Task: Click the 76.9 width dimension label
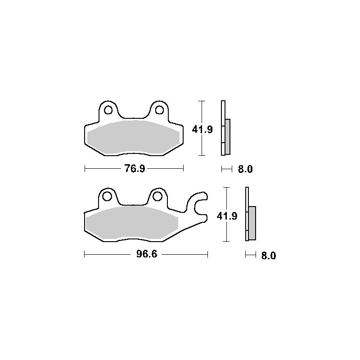[135, 169]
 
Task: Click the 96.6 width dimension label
[147, 254]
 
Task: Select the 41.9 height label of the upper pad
[202, 130]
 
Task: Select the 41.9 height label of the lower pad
[227, 216]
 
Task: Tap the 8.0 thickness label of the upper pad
[245, 169]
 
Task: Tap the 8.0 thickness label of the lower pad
[269, 256]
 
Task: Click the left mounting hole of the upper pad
[108, 110]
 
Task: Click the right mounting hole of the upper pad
[159, 110]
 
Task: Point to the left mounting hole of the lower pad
[107, 197]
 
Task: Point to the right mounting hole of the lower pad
[157, 197]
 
